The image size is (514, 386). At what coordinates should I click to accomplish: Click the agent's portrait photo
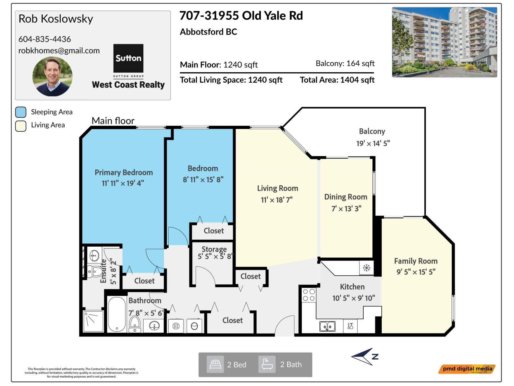[x=52, y=77]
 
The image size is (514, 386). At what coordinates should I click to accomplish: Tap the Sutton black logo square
[x=128, y=58]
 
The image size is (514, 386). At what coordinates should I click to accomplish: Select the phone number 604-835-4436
[x=45, y=39]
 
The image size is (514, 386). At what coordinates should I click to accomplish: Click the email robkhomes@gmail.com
[x=59, y=51]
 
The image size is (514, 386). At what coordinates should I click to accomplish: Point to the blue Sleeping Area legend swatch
[x=21, y=112]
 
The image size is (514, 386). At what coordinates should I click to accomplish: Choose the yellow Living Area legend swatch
[x=21, y=126]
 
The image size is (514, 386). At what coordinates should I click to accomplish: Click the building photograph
[x=444, y=42]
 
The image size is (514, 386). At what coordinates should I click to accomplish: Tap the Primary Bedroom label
[x=124, y=172]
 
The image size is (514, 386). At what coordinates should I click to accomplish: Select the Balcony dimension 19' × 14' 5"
[x=373, y=143]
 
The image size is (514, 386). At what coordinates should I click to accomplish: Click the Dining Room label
[x=346, y=197]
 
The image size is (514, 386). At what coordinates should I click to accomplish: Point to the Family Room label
[x=416, y=261]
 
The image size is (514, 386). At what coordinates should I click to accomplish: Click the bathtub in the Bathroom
[x=117, y=314]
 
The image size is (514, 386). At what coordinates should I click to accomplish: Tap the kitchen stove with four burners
[x=309, y=295]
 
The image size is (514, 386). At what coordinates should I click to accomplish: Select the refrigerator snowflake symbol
[x=367, y=268]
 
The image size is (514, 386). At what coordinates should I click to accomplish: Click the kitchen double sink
[x=327, y=326]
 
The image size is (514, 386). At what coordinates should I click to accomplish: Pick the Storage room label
[x=214, y=249]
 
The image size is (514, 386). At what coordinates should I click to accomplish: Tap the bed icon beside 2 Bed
[x=215, y=364]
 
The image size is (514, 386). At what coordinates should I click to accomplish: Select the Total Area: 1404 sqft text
[x=337, y=80]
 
